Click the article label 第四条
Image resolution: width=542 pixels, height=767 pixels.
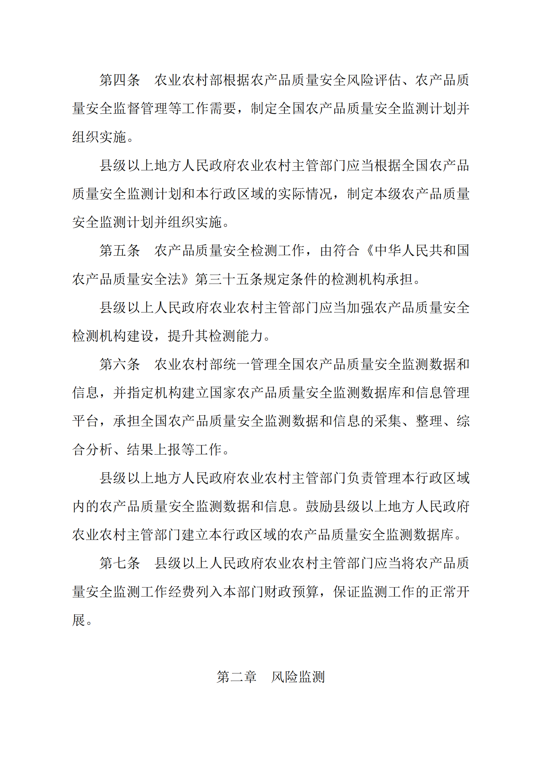(120, 80)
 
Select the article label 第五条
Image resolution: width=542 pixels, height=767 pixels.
(120, 251)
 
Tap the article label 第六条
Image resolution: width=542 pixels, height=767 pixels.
(120, 365)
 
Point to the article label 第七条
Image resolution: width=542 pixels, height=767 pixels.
(120, 563)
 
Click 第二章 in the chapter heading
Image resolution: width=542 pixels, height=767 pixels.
(236, 677)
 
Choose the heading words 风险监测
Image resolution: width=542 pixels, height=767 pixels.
(298, 677)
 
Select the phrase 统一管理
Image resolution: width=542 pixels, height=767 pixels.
(251, 365)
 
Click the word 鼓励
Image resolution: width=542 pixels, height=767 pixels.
(319, 507)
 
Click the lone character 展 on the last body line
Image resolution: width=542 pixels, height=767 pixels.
(79, 620)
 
